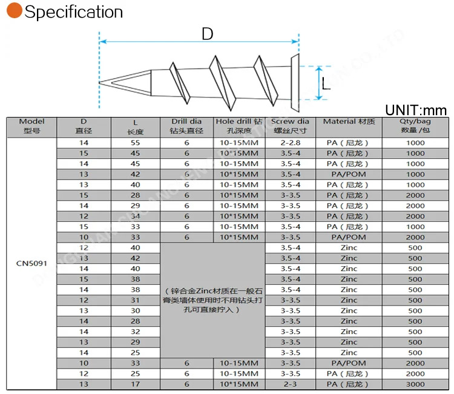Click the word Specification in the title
(x=73, y=12)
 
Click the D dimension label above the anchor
(x=207, y=35)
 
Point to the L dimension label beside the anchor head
(x=326, y=85)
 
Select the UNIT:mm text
(x=415, y=110)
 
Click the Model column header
(x=31, y=126)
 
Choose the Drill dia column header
(x=186, y=126)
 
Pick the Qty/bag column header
(x=415, y=126)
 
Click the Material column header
(x=349, y=122)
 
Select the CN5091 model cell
(x=31, y=264)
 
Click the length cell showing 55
(x=135, y=143)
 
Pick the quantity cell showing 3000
(x=415, y=384)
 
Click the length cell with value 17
(x=135, y=384)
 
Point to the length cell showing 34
(x=135, y=216)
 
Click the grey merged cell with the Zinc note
(x=212, y=300)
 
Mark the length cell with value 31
(x=135, y=300)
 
